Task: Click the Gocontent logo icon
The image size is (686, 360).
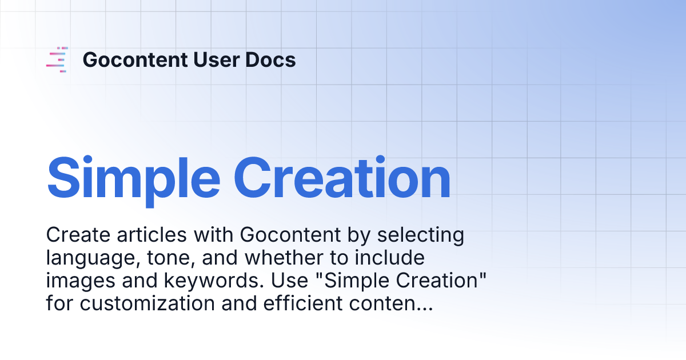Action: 57,59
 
